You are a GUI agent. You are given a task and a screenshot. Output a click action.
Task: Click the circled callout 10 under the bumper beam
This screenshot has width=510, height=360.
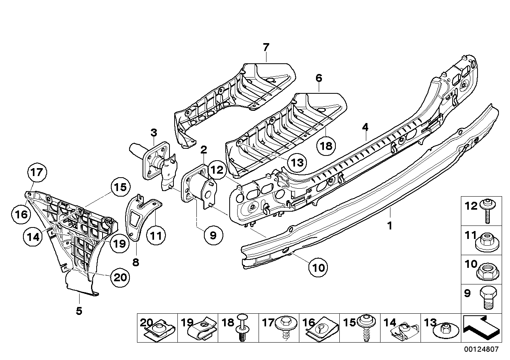tap(319, 267)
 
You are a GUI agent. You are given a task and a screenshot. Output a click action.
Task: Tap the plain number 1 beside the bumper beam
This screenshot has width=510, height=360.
tap(390, 226)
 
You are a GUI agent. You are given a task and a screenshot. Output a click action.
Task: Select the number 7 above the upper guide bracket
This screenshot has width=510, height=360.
tap(266, 47)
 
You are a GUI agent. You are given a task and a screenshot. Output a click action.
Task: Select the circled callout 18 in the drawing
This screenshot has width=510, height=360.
tap(325, 146)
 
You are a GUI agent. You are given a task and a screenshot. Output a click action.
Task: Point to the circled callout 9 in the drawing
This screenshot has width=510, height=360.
tap(213, 236)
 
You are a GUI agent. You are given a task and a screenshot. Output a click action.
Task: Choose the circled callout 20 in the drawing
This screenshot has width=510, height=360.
tap(120, 277)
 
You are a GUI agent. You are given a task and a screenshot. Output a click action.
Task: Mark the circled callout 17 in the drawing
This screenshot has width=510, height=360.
tap(37, 172)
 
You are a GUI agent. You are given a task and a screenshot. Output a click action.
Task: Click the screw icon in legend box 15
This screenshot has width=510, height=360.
tap(365, 328)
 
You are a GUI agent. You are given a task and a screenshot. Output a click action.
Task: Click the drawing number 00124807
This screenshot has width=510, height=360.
tap(481, 350)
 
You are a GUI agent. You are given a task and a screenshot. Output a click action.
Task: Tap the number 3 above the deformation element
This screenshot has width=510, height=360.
tap(154, 132)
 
